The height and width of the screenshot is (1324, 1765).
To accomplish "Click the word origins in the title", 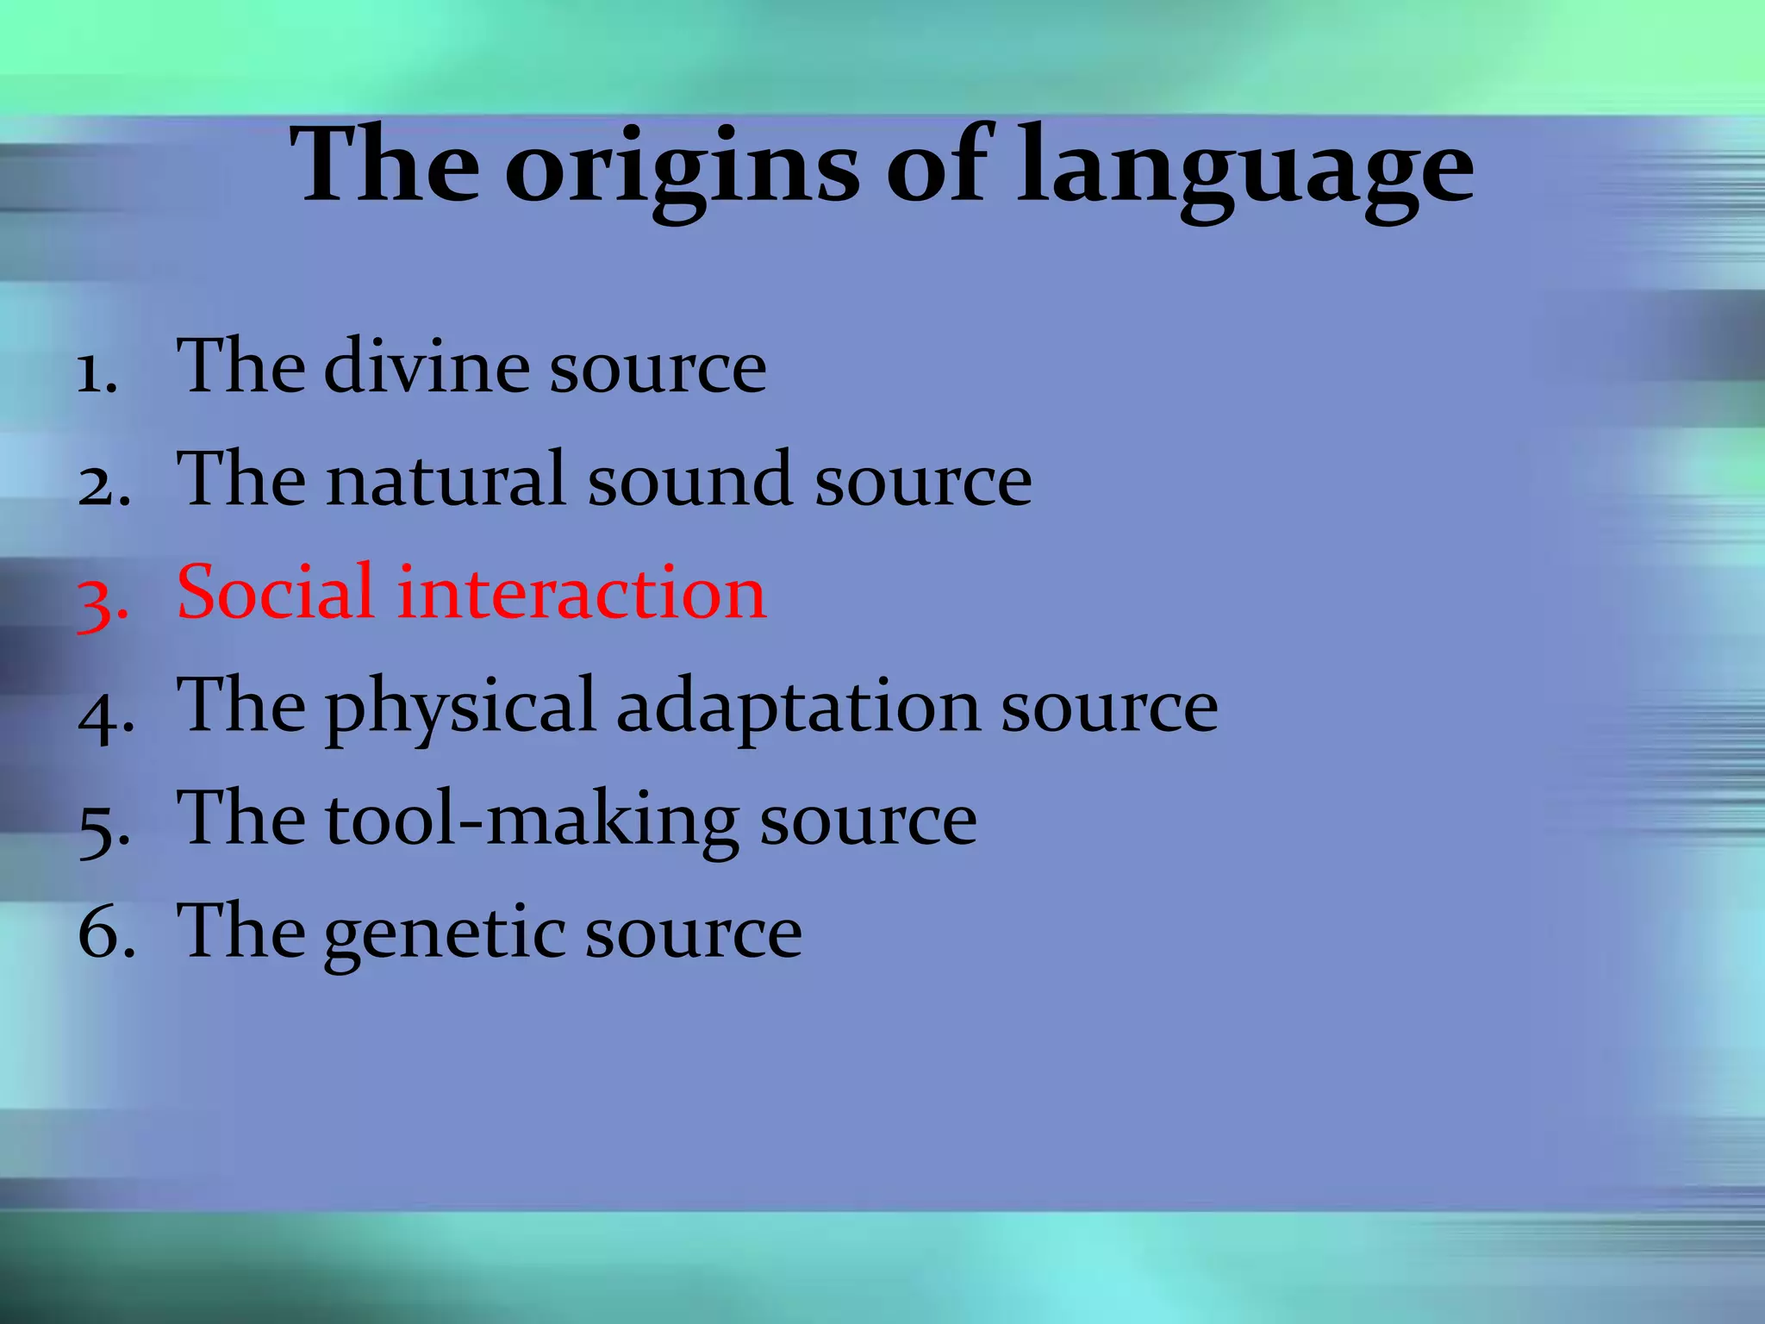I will (681, 168).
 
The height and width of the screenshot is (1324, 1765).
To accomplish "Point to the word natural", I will (446, 480).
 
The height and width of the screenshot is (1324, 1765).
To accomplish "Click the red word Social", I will (275, 593).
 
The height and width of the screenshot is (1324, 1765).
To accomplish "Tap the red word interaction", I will (581, 593).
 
